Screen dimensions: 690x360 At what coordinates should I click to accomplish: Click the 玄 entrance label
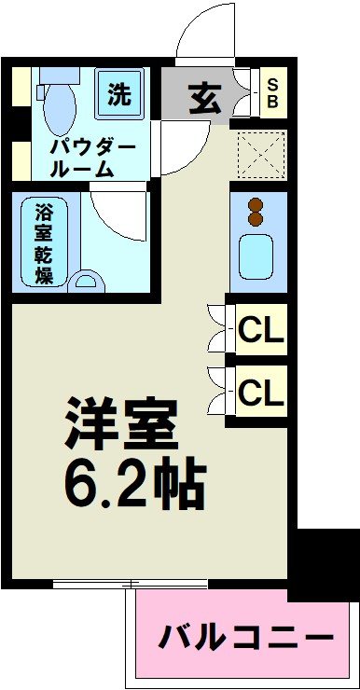pyautogui.click(x=200, y=96)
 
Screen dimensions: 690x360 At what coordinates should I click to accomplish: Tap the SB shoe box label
pyautogui.click(x=272, y=94)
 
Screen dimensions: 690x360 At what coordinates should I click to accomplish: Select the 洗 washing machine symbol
pyautogui.click(x=119, y=94)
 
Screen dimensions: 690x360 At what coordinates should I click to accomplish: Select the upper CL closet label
pyautogui.click(x=260, y=329)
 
